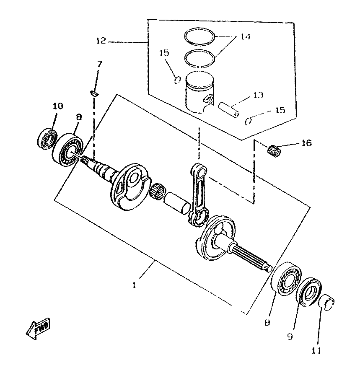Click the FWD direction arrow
pos(38,329)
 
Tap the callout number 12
pos(101,40)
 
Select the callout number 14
pos(245,36)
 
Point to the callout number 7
pos(99,64)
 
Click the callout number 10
pos(58,106)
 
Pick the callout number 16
pos(306,143)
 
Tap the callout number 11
pos(316,350)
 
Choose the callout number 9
pos(290,337)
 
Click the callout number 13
pos(258,95)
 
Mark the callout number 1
pos(134,285)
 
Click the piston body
pos(200,92)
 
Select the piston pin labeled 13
pos(229,110)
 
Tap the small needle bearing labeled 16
pos(274,151)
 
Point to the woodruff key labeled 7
pos(95,93)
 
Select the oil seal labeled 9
pos(308,292)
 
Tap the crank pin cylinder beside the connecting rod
pos(177,203)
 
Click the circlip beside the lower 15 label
pos(248,121)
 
